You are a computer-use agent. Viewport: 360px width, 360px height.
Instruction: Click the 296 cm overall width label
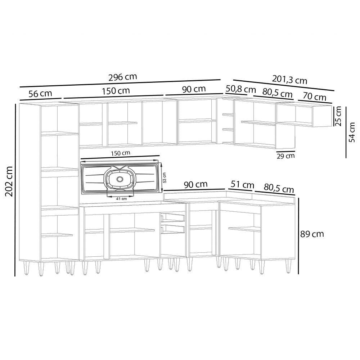123,77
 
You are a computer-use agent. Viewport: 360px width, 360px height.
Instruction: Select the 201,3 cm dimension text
290,80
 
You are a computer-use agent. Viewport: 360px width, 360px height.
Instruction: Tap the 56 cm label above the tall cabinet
40,94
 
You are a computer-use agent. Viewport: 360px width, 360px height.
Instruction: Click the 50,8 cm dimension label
240,89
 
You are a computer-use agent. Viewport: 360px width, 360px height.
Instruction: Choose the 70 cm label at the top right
315,97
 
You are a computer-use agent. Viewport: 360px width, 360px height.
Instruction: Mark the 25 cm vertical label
338,117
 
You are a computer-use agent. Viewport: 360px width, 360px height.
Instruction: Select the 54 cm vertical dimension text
352,132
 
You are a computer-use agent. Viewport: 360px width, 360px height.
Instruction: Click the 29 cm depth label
285,156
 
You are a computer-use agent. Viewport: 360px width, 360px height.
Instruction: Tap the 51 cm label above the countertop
242,185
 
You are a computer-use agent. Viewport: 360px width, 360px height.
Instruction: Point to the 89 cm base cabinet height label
312,234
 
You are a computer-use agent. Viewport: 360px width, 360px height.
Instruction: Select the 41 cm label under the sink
122,198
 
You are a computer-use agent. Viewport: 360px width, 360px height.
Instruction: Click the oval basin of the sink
118,179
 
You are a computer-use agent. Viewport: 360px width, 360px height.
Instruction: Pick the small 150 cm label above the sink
121,153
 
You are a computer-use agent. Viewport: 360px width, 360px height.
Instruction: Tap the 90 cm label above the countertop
195,185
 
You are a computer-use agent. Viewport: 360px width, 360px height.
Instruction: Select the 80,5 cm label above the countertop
279,188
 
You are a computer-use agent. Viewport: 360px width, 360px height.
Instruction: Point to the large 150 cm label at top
116,91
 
